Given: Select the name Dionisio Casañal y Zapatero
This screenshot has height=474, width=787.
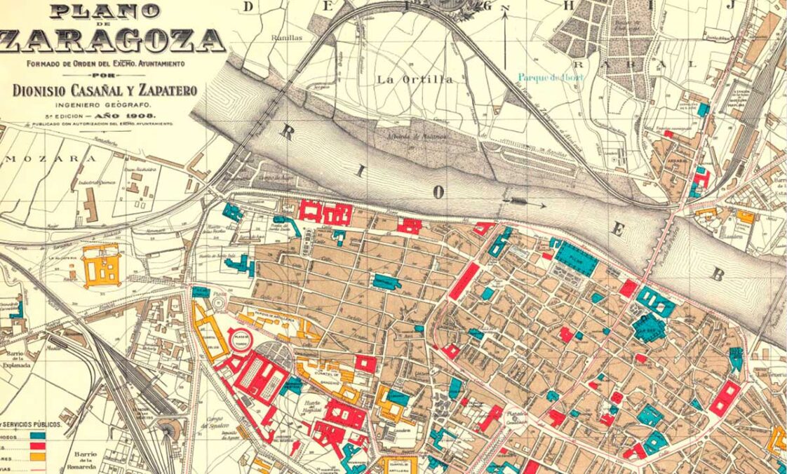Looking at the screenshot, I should click(105, 90).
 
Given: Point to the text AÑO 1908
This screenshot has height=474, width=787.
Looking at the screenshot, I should click(127, 115).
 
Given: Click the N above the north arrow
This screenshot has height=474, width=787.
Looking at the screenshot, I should click(504, 8).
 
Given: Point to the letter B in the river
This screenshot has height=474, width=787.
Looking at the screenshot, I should click(717, 274).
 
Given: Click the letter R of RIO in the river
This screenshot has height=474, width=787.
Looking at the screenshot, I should click(287, 133).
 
